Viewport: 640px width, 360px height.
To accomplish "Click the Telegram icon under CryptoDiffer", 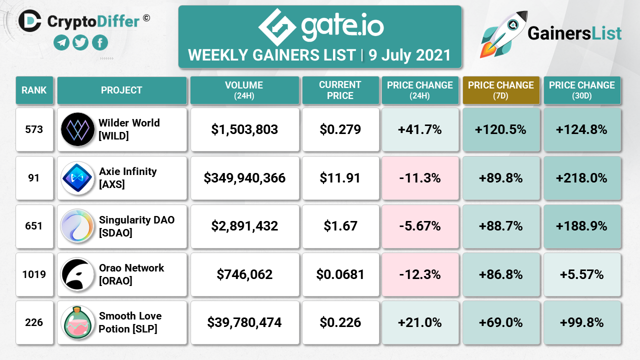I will point(61,43).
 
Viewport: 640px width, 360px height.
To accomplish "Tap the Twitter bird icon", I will point(80,43).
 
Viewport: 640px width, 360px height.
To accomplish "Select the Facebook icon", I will point(99,43).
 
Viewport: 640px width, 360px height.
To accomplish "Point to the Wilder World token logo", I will point(77,129).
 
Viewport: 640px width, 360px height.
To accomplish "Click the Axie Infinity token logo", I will point(77,178).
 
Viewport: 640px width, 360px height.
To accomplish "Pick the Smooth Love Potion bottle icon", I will point(77,322).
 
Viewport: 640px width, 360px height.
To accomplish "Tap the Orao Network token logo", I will point(77,274).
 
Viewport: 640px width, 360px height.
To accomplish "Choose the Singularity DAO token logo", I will point(77,226).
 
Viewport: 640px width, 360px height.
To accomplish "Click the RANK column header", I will point(34,90).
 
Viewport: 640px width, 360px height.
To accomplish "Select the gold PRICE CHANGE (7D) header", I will point(501,90).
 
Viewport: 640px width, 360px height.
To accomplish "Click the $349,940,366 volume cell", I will point(244,178).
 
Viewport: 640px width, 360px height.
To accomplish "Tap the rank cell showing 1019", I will point(34,274).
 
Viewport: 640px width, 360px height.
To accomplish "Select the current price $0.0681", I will point(340,274).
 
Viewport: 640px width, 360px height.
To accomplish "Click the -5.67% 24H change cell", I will point(420,226).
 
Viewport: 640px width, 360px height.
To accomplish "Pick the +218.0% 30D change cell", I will point(582,178).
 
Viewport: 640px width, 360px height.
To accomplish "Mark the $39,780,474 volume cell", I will point(244,322).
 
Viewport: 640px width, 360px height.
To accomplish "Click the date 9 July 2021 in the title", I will point(409,55).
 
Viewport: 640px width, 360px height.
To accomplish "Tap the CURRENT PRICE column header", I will point(340,90).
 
